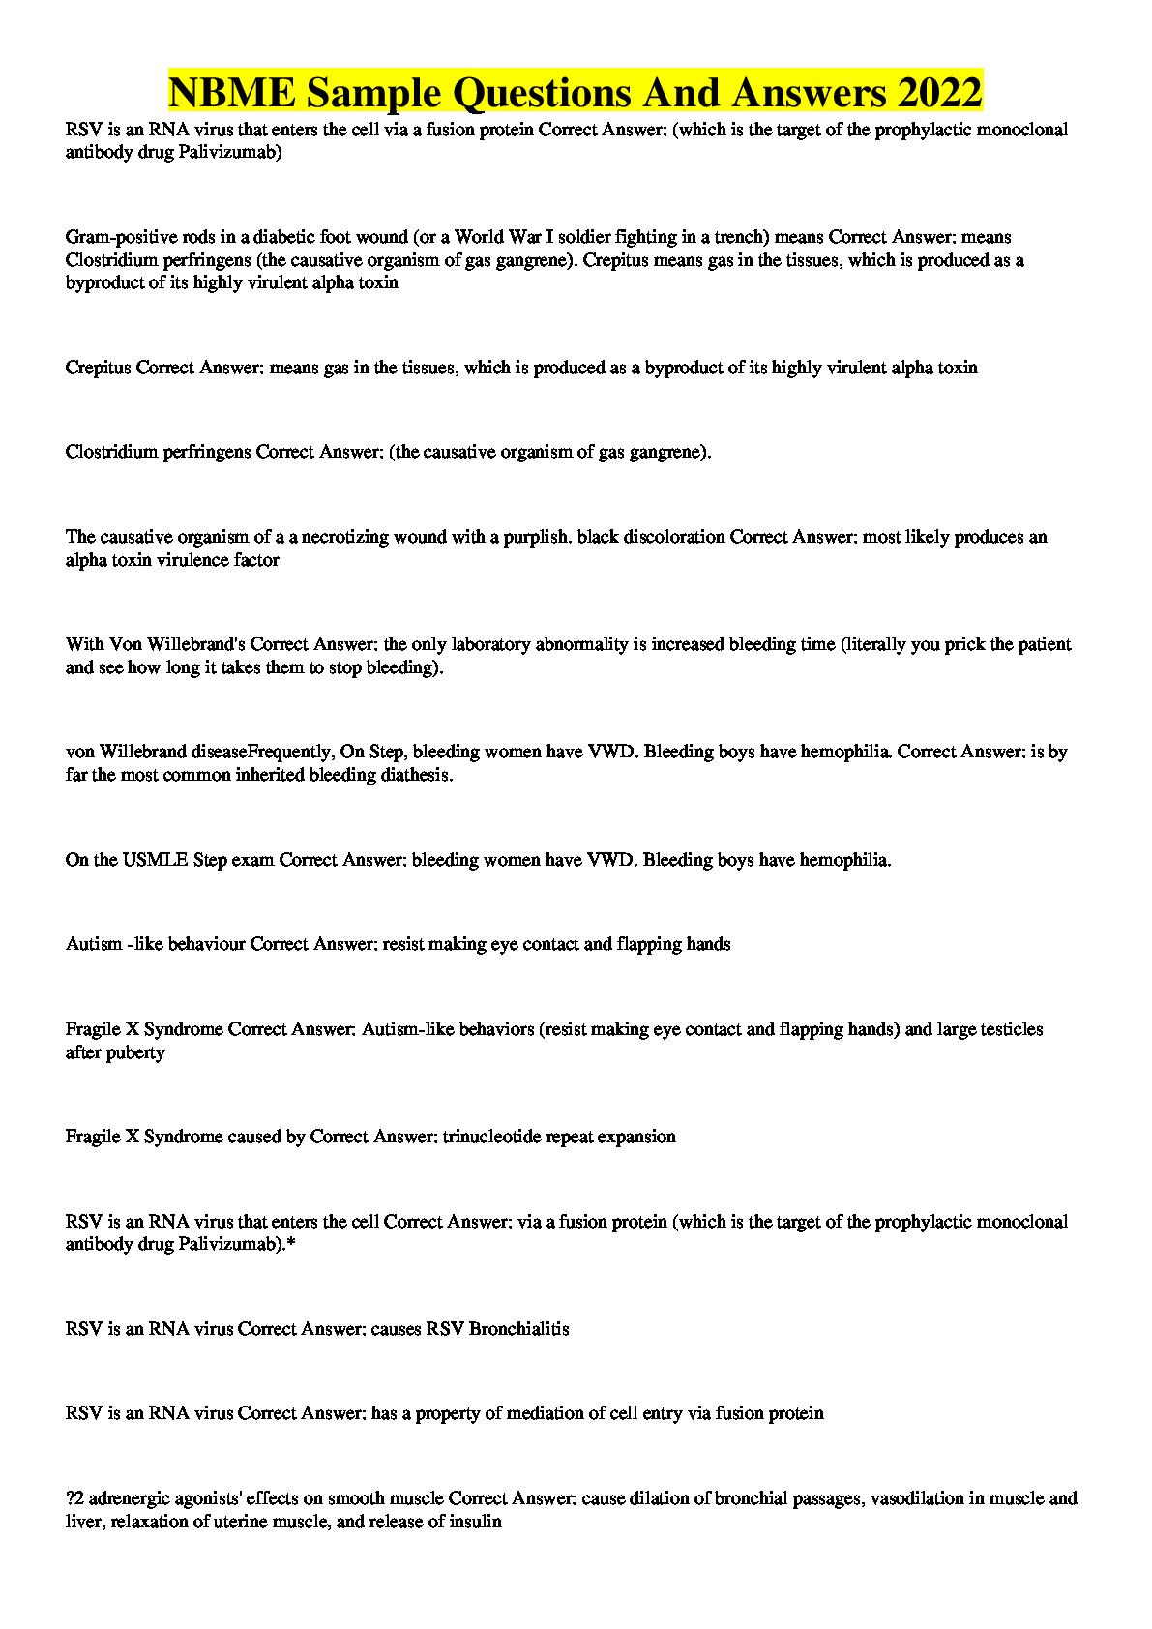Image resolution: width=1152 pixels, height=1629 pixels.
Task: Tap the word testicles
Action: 1011,1029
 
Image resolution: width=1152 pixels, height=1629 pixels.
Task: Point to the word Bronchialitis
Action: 518,1329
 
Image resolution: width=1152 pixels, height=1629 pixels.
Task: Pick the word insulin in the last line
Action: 478,1522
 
